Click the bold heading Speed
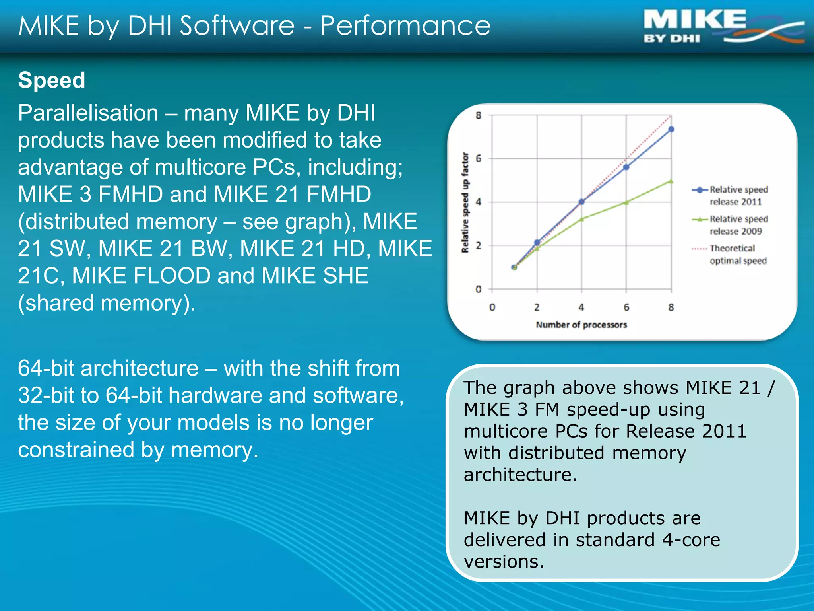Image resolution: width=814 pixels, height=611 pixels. (52, 80)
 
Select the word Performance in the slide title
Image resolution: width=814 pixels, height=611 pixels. (405, 26)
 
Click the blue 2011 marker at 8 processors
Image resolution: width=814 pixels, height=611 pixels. (671, 129)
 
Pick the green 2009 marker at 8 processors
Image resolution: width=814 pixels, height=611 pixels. (671, 181)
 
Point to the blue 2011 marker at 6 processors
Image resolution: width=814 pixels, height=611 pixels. (626, 167)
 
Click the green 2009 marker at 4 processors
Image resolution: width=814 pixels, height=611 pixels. (581, 219)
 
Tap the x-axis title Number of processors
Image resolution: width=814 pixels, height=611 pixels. (581, 325)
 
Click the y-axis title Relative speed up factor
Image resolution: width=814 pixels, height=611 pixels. (465, 202)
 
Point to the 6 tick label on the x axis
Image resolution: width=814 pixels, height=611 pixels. (626, 307)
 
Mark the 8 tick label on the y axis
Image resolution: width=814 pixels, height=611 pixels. (479, 115)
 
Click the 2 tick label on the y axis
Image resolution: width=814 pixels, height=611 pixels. (479, 245)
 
